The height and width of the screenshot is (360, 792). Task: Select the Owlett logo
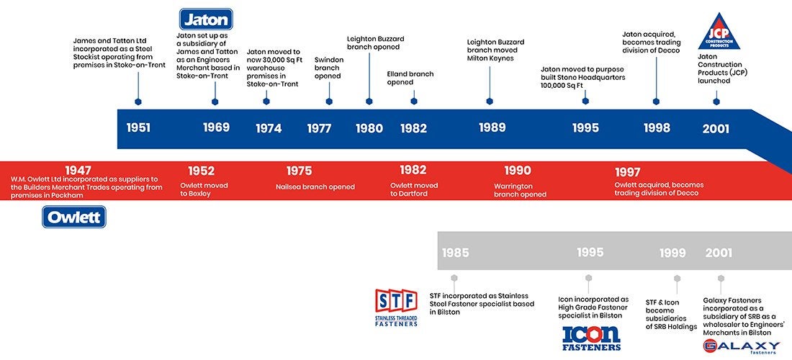(74, 217)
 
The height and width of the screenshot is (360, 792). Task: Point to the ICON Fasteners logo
(590, 337)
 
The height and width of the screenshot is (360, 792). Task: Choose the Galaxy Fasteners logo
(741, 346)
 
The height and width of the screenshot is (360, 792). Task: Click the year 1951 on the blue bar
(138, 128)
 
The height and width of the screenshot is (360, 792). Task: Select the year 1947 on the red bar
(78, 170)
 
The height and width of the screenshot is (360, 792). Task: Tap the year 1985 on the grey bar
(455, 253)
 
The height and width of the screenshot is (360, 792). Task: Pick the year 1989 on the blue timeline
(492, 127)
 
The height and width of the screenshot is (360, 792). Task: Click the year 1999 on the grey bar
(672, 253)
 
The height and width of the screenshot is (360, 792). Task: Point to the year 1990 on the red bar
(518, 171)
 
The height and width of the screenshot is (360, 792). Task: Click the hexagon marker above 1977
(329, 102)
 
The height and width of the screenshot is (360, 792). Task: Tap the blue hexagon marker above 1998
(656, 102)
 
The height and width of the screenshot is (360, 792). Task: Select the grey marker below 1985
(454, 278)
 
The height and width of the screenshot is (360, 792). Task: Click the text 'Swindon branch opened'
(328, 68)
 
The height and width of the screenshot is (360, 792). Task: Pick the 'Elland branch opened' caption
(410, 78)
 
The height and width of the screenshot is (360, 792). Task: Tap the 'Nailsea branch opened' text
(315, 186)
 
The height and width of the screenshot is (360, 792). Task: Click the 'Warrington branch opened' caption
(520, 190)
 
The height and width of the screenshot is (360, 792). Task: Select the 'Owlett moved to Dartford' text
(414, 189)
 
